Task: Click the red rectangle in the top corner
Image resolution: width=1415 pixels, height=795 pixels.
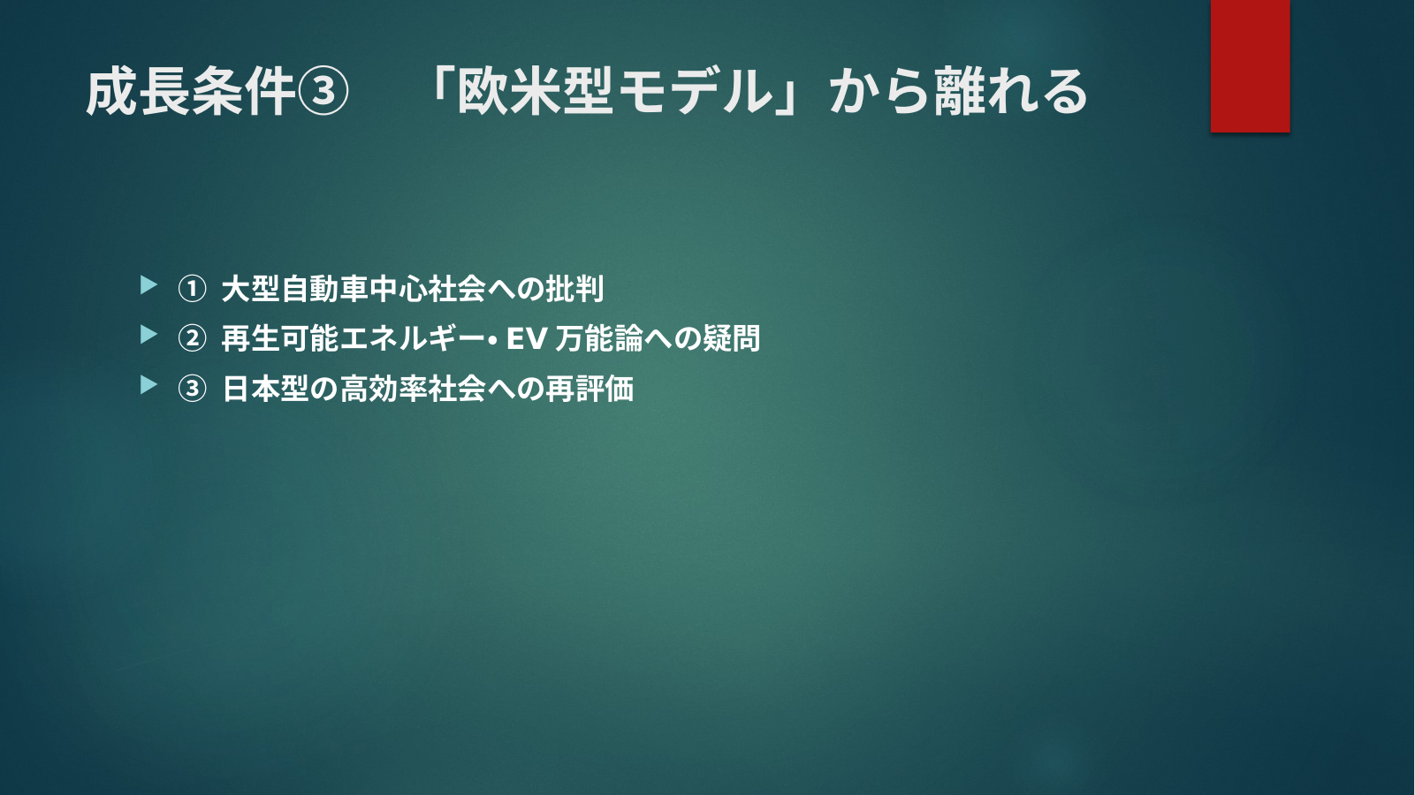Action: pos(1250,65)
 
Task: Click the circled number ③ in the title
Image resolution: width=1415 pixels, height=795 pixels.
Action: pos(323,92)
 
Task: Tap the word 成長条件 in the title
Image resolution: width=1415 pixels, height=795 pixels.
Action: pos(191,92)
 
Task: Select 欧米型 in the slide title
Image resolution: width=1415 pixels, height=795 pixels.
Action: pos(534,92)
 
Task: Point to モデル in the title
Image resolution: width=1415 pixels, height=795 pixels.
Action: pos(694,92)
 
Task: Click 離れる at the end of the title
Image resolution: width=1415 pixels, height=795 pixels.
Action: pos(1011,92)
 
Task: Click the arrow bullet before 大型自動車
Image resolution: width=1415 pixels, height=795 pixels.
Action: pos(148,284)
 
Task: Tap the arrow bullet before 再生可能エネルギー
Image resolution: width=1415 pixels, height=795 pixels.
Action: pos(148,335)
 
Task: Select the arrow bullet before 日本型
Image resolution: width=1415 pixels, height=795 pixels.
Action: pos(148,384)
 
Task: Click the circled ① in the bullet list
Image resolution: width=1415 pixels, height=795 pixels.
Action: pos(192,290)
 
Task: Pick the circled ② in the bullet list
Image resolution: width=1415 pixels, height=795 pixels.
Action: pos(192,339)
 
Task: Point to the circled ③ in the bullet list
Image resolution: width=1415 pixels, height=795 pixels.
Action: pos(192,389)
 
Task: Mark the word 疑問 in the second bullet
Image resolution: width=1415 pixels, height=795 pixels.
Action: pos(731,339)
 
